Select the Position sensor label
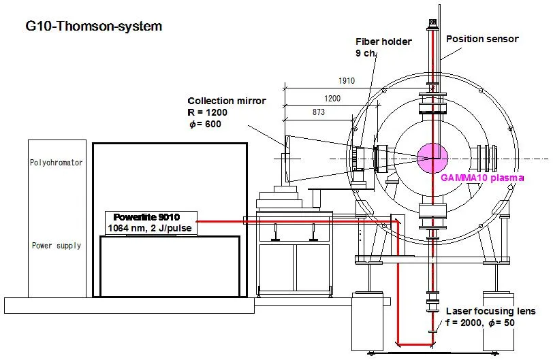pyautogui.click(x=482, y=39)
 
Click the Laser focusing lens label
pyautogui.click(x=490, y=311)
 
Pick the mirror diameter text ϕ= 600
pyautogui.click(x=206, y=124)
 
